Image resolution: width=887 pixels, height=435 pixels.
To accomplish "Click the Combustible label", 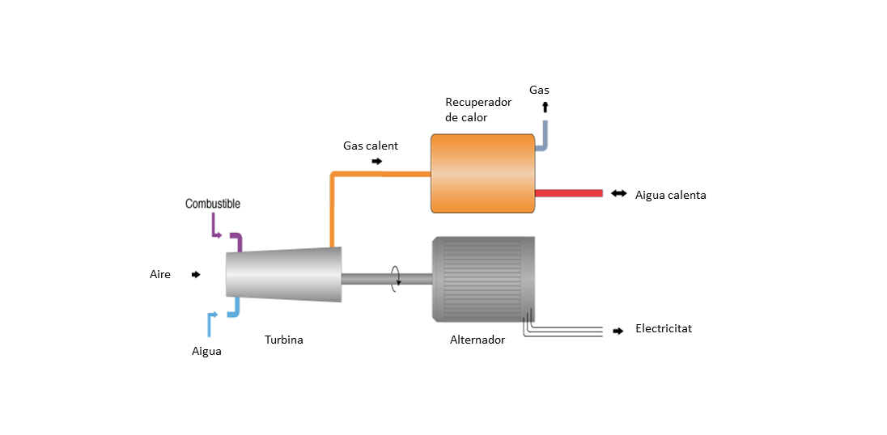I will [x=212, y=204].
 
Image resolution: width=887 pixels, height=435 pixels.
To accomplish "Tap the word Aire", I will [x=160, y=275].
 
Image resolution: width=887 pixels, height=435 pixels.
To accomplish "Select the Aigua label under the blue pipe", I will [x=206, y=352].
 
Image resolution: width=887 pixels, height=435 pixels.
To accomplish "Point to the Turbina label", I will [x=284, y=340].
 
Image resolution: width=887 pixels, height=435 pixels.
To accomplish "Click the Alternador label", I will [x=477, y=340].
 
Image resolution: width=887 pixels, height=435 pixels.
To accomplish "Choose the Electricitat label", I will [x=664, y=329].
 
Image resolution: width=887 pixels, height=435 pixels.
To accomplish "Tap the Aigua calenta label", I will [x=671, y=195].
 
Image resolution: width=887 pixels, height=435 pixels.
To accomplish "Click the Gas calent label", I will [x=371, y=146].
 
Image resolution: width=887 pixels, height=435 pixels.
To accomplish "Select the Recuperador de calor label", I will [x=477, y=110].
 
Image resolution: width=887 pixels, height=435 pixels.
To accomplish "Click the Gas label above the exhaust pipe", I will [x=539, y=91].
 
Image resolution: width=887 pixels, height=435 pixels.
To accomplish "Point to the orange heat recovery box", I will [x=482, y=173].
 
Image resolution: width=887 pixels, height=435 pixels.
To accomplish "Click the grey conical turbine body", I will [x=283, y=275].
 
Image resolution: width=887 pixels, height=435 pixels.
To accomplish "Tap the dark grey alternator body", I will [x=483, y=277].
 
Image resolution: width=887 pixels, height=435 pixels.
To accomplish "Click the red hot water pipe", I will [x=569, y=193].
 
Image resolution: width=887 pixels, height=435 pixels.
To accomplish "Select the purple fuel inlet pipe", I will [x=236, y=240].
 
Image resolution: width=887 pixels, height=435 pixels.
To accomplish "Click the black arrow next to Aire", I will [x=196, y=275].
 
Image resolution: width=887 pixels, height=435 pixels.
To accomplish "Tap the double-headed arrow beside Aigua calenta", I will [x=619, y=193].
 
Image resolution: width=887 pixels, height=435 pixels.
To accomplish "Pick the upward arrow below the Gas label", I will [x=545, y=107].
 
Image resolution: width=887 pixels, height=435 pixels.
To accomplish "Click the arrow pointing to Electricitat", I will [x=618, y=331].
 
